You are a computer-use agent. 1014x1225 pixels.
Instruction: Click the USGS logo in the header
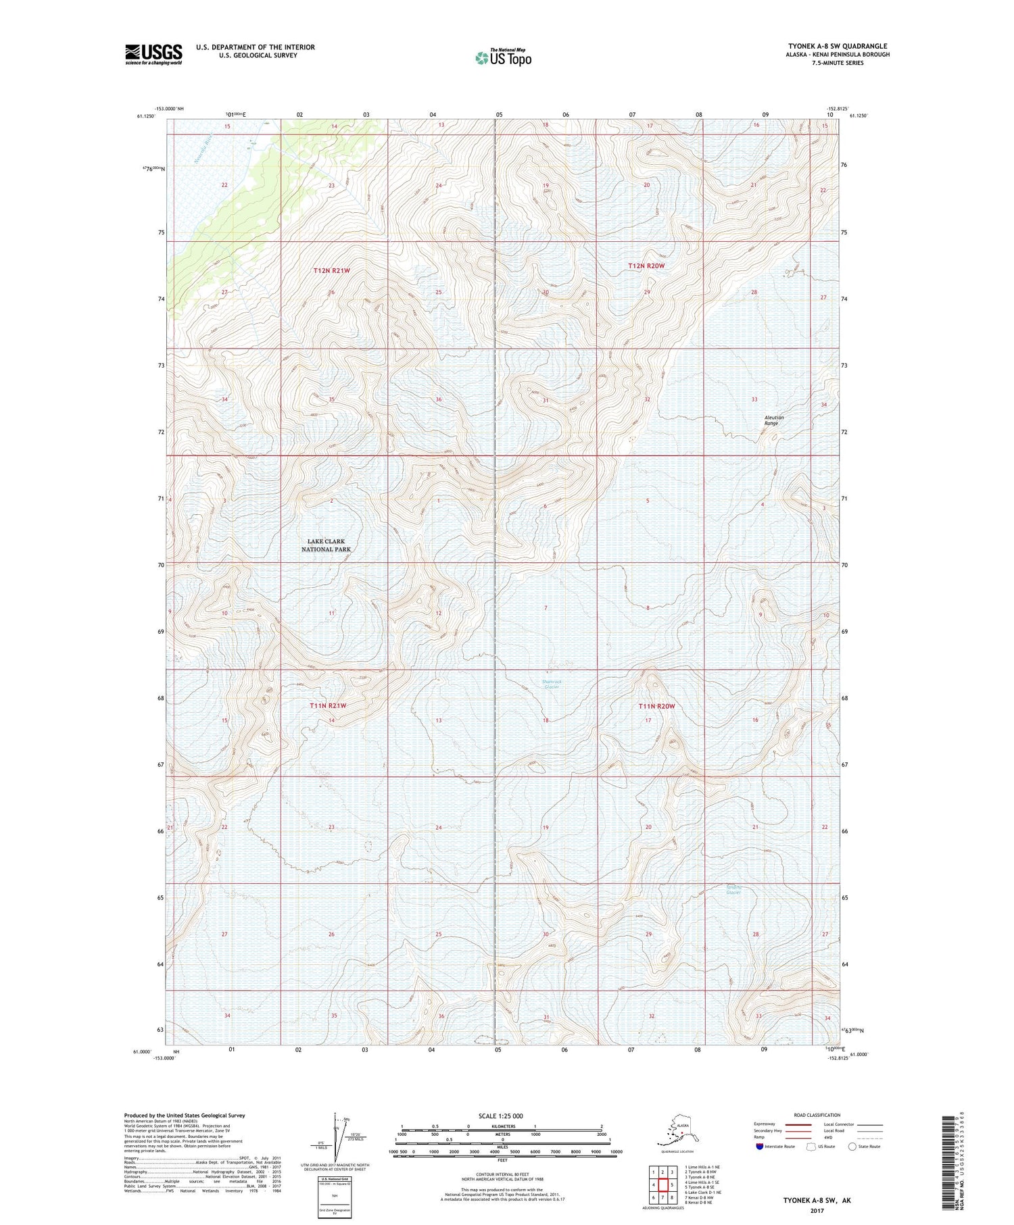tap(153, 54)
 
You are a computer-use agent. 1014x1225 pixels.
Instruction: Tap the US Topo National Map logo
tap(503, 57)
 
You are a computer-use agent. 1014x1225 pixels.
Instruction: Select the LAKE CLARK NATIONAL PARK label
tap(327, 545)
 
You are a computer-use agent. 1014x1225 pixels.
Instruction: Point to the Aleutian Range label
tap(774, 420)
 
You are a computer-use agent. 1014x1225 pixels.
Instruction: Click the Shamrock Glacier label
tap(552, 684)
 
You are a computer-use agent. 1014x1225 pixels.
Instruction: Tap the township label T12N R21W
tap(332, 270)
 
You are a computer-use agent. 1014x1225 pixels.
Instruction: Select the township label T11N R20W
tap(657, 706)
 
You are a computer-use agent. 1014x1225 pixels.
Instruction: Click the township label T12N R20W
tap(646, 266)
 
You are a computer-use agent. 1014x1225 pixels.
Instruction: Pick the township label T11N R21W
tap(328, 705)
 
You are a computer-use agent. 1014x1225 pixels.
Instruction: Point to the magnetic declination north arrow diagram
tap(335, 1136)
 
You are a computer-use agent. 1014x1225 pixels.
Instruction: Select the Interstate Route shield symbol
tap(759, 1147)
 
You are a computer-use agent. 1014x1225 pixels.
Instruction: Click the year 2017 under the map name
tap(817, 1207)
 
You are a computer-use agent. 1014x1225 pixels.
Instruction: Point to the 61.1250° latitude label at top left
tap(145, 116)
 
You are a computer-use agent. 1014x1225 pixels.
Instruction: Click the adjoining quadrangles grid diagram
tap(662, 1184)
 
